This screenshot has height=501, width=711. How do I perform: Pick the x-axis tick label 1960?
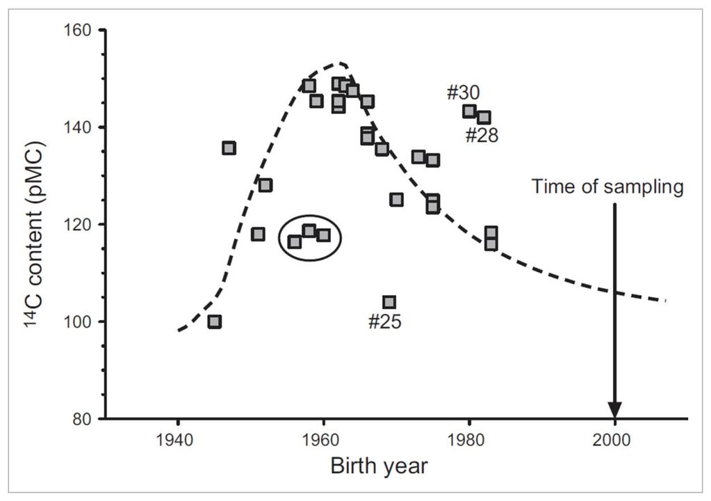pyautogui.click(x=323, y=440)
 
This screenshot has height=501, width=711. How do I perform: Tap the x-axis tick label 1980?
pyautogui.click(x=469, y=440)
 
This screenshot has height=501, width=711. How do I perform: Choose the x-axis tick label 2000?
pyautogui.click(x=615, y=440)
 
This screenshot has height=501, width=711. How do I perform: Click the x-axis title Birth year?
pyautogui.click(x=379, y=466)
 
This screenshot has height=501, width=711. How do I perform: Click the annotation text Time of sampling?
pyautogui.click(x=608, y=186)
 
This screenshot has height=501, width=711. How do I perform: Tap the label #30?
pyautogui.click(x=463, y=93)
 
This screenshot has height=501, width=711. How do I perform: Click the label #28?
pyautogui.click(x=482, y=135)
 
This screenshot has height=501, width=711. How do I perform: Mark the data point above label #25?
pyautogui.click(x=389, y=302)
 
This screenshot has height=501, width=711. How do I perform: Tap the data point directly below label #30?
pyautogui.click(x=469, y=111)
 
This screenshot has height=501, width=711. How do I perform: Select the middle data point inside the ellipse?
pyautogui.click(x=309, y=230)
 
